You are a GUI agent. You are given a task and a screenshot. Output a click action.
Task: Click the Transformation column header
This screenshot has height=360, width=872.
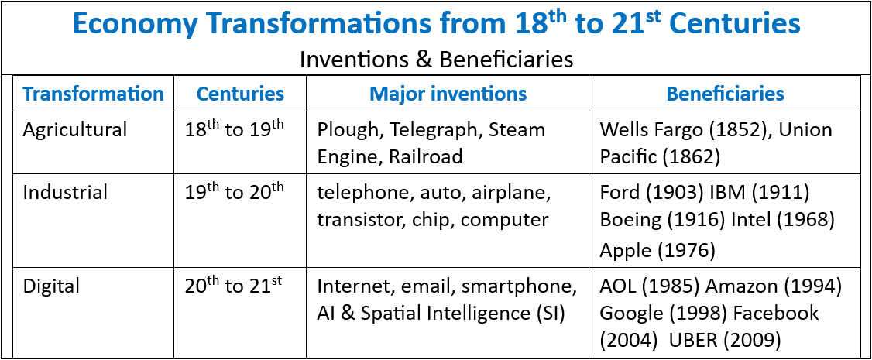94,94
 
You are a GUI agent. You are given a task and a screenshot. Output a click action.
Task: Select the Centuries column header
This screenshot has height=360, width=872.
240,94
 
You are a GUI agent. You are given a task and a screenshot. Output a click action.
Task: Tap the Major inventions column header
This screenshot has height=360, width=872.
448,94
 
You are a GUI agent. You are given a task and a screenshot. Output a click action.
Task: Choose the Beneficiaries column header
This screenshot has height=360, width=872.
725,94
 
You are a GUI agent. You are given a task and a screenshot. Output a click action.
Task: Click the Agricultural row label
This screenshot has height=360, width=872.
75,130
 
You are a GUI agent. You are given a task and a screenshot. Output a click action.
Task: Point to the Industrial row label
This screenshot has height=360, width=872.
65,193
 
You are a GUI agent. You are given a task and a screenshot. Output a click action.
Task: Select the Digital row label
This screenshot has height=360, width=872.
51,286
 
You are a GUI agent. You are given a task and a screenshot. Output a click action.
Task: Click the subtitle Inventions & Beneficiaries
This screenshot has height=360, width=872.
436,60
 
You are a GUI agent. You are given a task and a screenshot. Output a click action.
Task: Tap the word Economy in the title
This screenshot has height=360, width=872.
136,25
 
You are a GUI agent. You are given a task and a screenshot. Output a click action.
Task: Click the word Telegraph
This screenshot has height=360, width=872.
437,130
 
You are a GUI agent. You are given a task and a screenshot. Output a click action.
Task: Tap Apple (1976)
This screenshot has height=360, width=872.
657,251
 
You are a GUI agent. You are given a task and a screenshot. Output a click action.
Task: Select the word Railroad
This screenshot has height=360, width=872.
426,157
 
